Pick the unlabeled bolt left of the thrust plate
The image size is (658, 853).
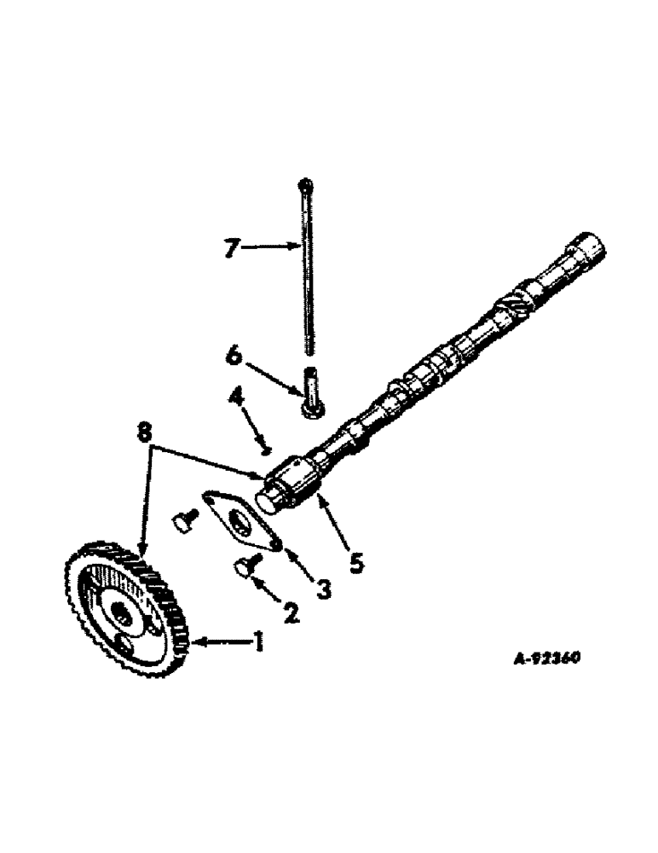pos(185,520)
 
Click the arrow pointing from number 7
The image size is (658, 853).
pos(268,247)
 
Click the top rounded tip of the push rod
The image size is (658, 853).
pos(304,184)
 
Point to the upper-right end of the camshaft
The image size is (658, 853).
pos(590,249)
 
